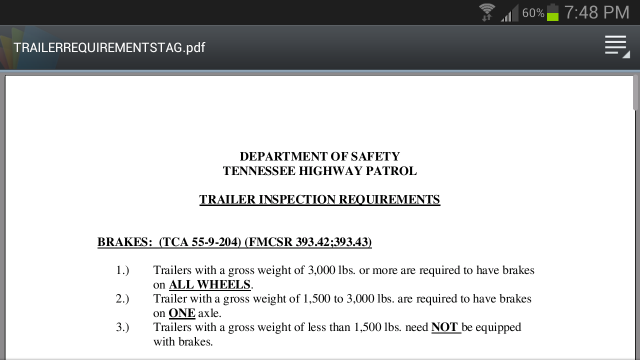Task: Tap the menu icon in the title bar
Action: click(616, 46)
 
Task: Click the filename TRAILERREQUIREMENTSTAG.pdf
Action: click(109, 47)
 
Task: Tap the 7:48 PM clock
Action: click(596, 12)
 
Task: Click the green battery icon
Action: click(552, 12)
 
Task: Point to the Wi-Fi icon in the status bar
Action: click(486, 12)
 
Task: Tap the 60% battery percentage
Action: click(533, 13)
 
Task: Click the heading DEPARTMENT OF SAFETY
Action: click(319, 156)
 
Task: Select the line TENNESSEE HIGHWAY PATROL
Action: click(319, 171)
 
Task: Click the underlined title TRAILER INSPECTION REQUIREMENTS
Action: click(319, 199)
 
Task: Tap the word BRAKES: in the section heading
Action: click(124, 242)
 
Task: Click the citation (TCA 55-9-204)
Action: click(200, 242)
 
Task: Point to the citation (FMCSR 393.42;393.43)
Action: click(308, 242)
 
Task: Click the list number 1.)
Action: click(122, 270)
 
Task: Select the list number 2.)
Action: click(122, 299)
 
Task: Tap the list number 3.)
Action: click(122, 327)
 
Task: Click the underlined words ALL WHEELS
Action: click(209, 285)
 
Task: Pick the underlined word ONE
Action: click(181, 313)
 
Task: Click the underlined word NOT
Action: click(445, 327)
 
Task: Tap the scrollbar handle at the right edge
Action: click(635, 92)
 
